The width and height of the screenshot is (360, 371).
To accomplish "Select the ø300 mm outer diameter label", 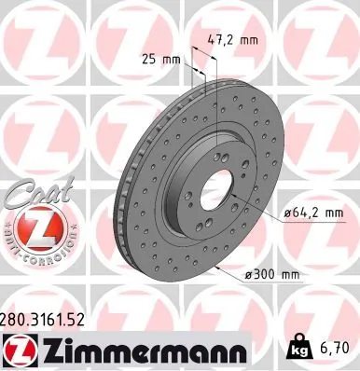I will (x=271, y=274).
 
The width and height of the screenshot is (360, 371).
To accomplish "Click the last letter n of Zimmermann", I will (x=236, y=353).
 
